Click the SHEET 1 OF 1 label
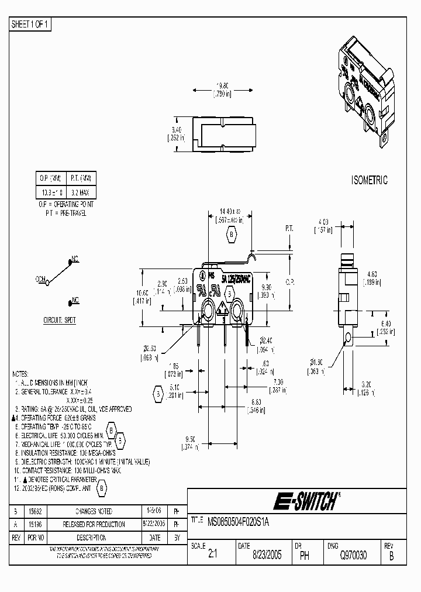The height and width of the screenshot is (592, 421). click(31, 24)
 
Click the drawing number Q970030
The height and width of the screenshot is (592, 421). click(351, 556)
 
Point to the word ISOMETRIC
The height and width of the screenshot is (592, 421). click(370, 180)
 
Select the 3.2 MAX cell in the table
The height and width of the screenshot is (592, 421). click(81, 192)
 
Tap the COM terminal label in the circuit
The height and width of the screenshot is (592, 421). click(41, 280)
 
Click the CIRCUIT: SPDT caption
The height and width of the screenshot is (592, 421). click(60, 320)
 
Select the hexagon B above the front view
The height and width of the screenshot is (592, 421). click(231, 235)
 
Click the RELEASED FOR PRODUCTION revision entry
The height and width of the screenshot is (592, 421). click(94, 524)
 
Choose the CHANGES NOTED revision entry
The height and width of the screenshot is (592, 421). click(94, 511)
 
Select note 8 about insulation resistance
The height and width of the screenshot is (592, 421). click(65, 452)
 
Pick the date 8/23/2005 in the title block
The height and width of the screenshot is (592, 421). click(267, 556)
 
